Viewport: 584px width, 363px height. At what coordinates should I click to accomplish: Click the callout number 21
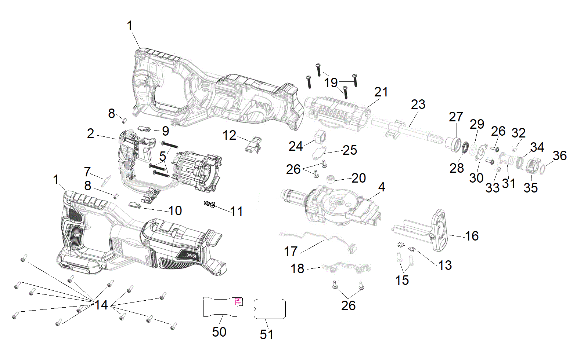pyautogui.click(x=381, y=92)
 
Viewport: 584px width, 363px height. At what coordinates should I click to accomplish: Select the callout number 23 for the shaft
pyautogui.click(x=418, y=104)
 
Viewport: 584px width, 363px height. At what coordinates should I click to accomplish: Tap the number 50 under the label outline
pyautogui.click(x=219, y=332)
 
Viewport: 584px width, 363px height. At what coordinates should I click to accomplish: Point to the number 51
pyautogui.click(x=267, y=334)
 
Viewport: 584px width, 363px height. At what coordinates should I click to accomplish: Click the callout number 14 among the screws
pyautogui.click(x=101, y=305)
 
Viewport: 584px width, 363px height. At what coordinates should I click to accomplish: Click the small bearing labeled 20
pyautogui.click(x=331, y=179)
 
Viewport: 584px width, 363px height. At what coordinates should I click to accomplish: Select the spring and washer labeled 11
pyautogui.click(x=210, y=204)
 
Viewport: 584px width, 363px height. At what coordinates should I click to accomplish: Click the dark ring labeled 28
pyautogui.click(x=465, y=147)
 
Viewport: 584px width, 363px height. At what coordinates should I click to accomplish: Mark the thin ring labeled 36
pyautogui.click(x=542, y=170)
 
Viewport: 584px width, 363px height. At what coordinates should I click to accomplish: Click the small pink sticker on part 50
pyautogui.click(x=238, y=301)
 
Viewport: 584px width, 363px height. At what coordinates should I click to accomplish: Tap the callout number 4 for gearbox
pyautogui.click(x=382, y=187)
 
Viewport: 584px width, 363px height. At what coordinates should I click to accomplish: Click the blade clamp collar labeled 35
pyautogui.click(x=532, y=166)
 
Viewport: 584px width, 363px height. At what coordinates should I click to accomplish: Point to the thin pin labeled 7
pyautogui.click(x=107, y=179)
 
